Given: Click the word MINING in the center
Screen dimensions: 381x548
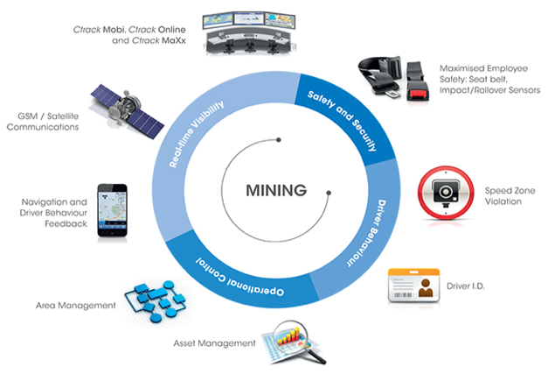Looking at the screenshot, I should pos(275,189).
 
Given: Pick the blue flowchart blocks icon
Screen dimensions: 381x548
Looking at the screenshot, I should pos(157,301).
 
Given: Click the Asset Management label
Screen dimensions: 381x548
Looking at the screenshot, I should pos(214,342).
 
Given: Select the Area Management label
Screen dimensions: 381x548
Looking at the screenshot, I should pos(75,305).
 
